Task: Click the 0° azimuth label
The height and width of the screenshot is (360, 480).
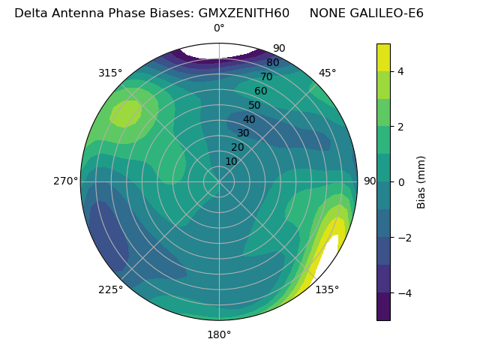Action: tap(219, 28)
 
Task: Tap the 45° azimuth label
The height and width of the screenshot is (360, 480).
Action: tap(327, 73)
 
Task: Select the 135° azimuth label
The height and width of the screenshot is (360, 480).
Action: tap(327, 289)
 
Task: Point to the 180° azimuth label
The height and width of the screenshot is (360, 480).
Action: tap(219, 334)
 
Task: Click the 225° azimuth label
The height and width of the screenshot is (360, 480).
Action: tap(110, 289)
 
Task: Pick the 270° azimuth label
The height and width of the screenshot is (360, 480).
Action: tap(65, 181)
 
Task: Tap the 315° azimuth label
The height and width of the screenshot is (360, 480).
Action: tap(110, 73)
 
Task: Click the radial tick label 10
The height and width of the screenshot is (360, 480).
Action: tap(231, 161)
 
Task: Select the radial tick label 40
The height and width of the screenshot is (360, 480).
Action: tap(249, 119)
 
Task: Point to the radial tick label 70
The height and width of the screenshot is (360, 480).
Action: tap(266, 77)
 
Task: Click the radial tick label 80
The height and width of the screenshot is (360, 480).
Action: tap(272, 63)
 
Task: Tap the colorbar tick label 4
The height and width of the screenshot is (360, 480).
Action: tap(400, 71)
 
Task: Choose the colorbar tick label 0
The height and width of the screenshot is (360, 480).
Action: tap(400, 181)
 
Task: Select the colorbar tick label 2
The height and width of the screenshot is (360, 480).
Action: tap(400, 127)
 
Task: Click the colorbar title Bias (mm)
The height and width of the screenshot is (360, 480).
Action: tap(421, 181)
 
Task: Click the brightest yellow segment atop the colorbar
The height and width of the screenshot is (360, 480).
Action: tap(383, 58)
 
